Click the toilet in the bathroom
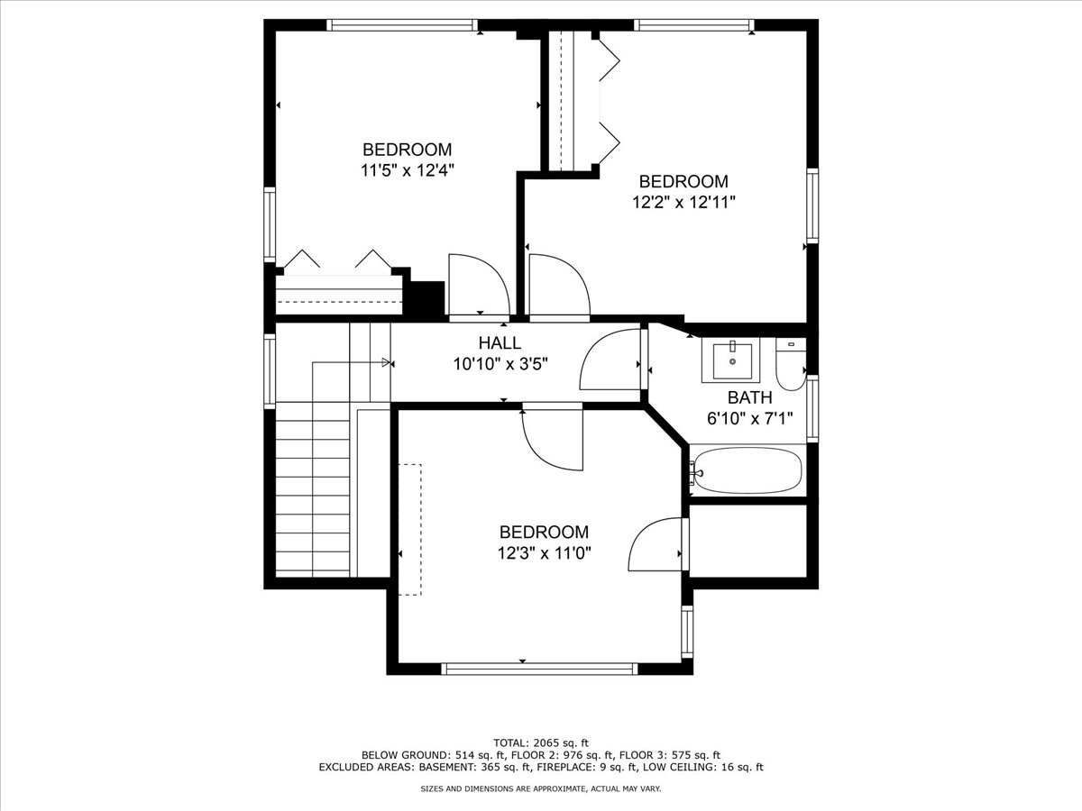[x=791, y=363]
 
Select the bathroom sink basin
[x=732, y=361]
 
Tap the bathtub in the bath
[x=747, y=470]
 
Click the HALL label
[x=500, y=342]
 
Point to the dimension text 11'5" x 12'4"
[x=408, y=170]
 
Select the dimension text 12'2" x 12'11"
[x=683, y=203]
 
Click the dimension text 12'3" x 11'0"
[x=544, y=553]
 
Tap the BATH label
[x=750, y=397]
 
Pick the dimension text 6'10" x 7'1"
[x=750, y=418]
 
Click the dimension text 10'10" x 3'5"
[x=500, y=364]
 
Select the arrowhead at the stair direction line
[x=386, y=362]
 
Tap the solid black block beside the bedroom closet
[x=426, y=298]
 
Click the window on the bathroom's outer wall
[x=811, y=408]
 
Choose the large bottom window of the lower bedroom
[x=539, y=669]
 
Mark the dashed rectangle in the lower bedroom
[x=409, y=529]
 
